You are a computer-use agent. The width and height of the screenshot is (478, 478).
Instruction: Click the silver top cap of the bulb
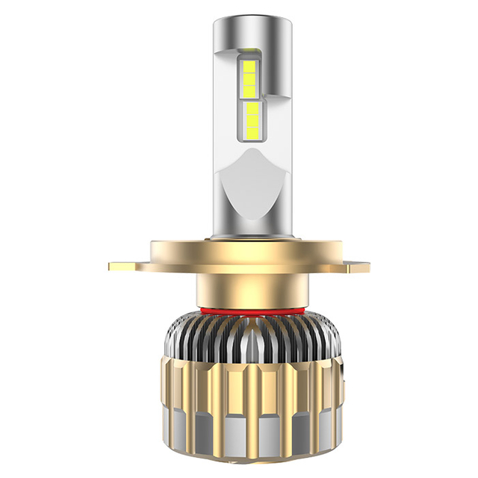tap(239, 34)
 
